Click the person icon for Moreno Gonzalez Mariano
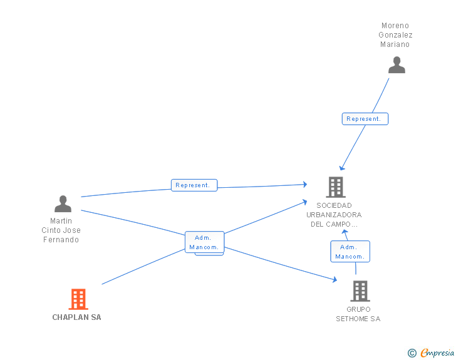point(396,65)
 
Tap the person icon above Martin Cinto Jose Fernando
point(63,203)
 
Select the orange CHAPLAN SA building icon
point(78,299)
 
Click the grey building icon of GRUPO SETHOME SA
point(360,291)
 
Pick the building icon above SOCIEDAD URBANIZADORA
point(336,187)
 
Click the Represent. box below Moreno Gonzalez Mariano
point(365,119)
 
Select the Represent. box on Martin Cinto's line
point(194,185)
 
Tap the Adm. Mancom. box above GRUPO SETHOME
point(350,252)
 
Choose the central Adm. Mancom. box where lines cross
point(204,242)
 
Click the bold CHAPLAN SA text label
point(77,317)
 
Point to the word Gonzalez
point(395,35)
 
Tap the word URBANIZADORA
point(334,215)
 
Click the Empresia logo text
point(437,353)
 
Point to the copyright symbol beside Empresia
point(412,353)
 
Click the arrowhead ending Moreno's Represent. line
point(342,168)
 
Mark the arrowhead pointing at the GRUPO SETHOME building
point(335,279)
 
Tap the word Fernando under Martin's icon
point(61,240)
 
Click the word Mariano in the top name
point(395,44)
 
